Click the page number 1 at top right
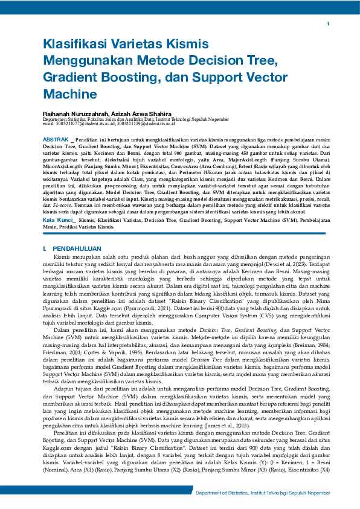coord(327,24)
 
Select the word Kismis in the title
coord(188,45)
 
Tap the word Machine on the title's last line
coord(66,95)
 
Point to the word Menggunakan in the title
coord(90,61)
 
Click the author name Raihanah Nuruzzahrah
coord(74,114)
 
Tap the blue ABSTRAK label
coord(55,139)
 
